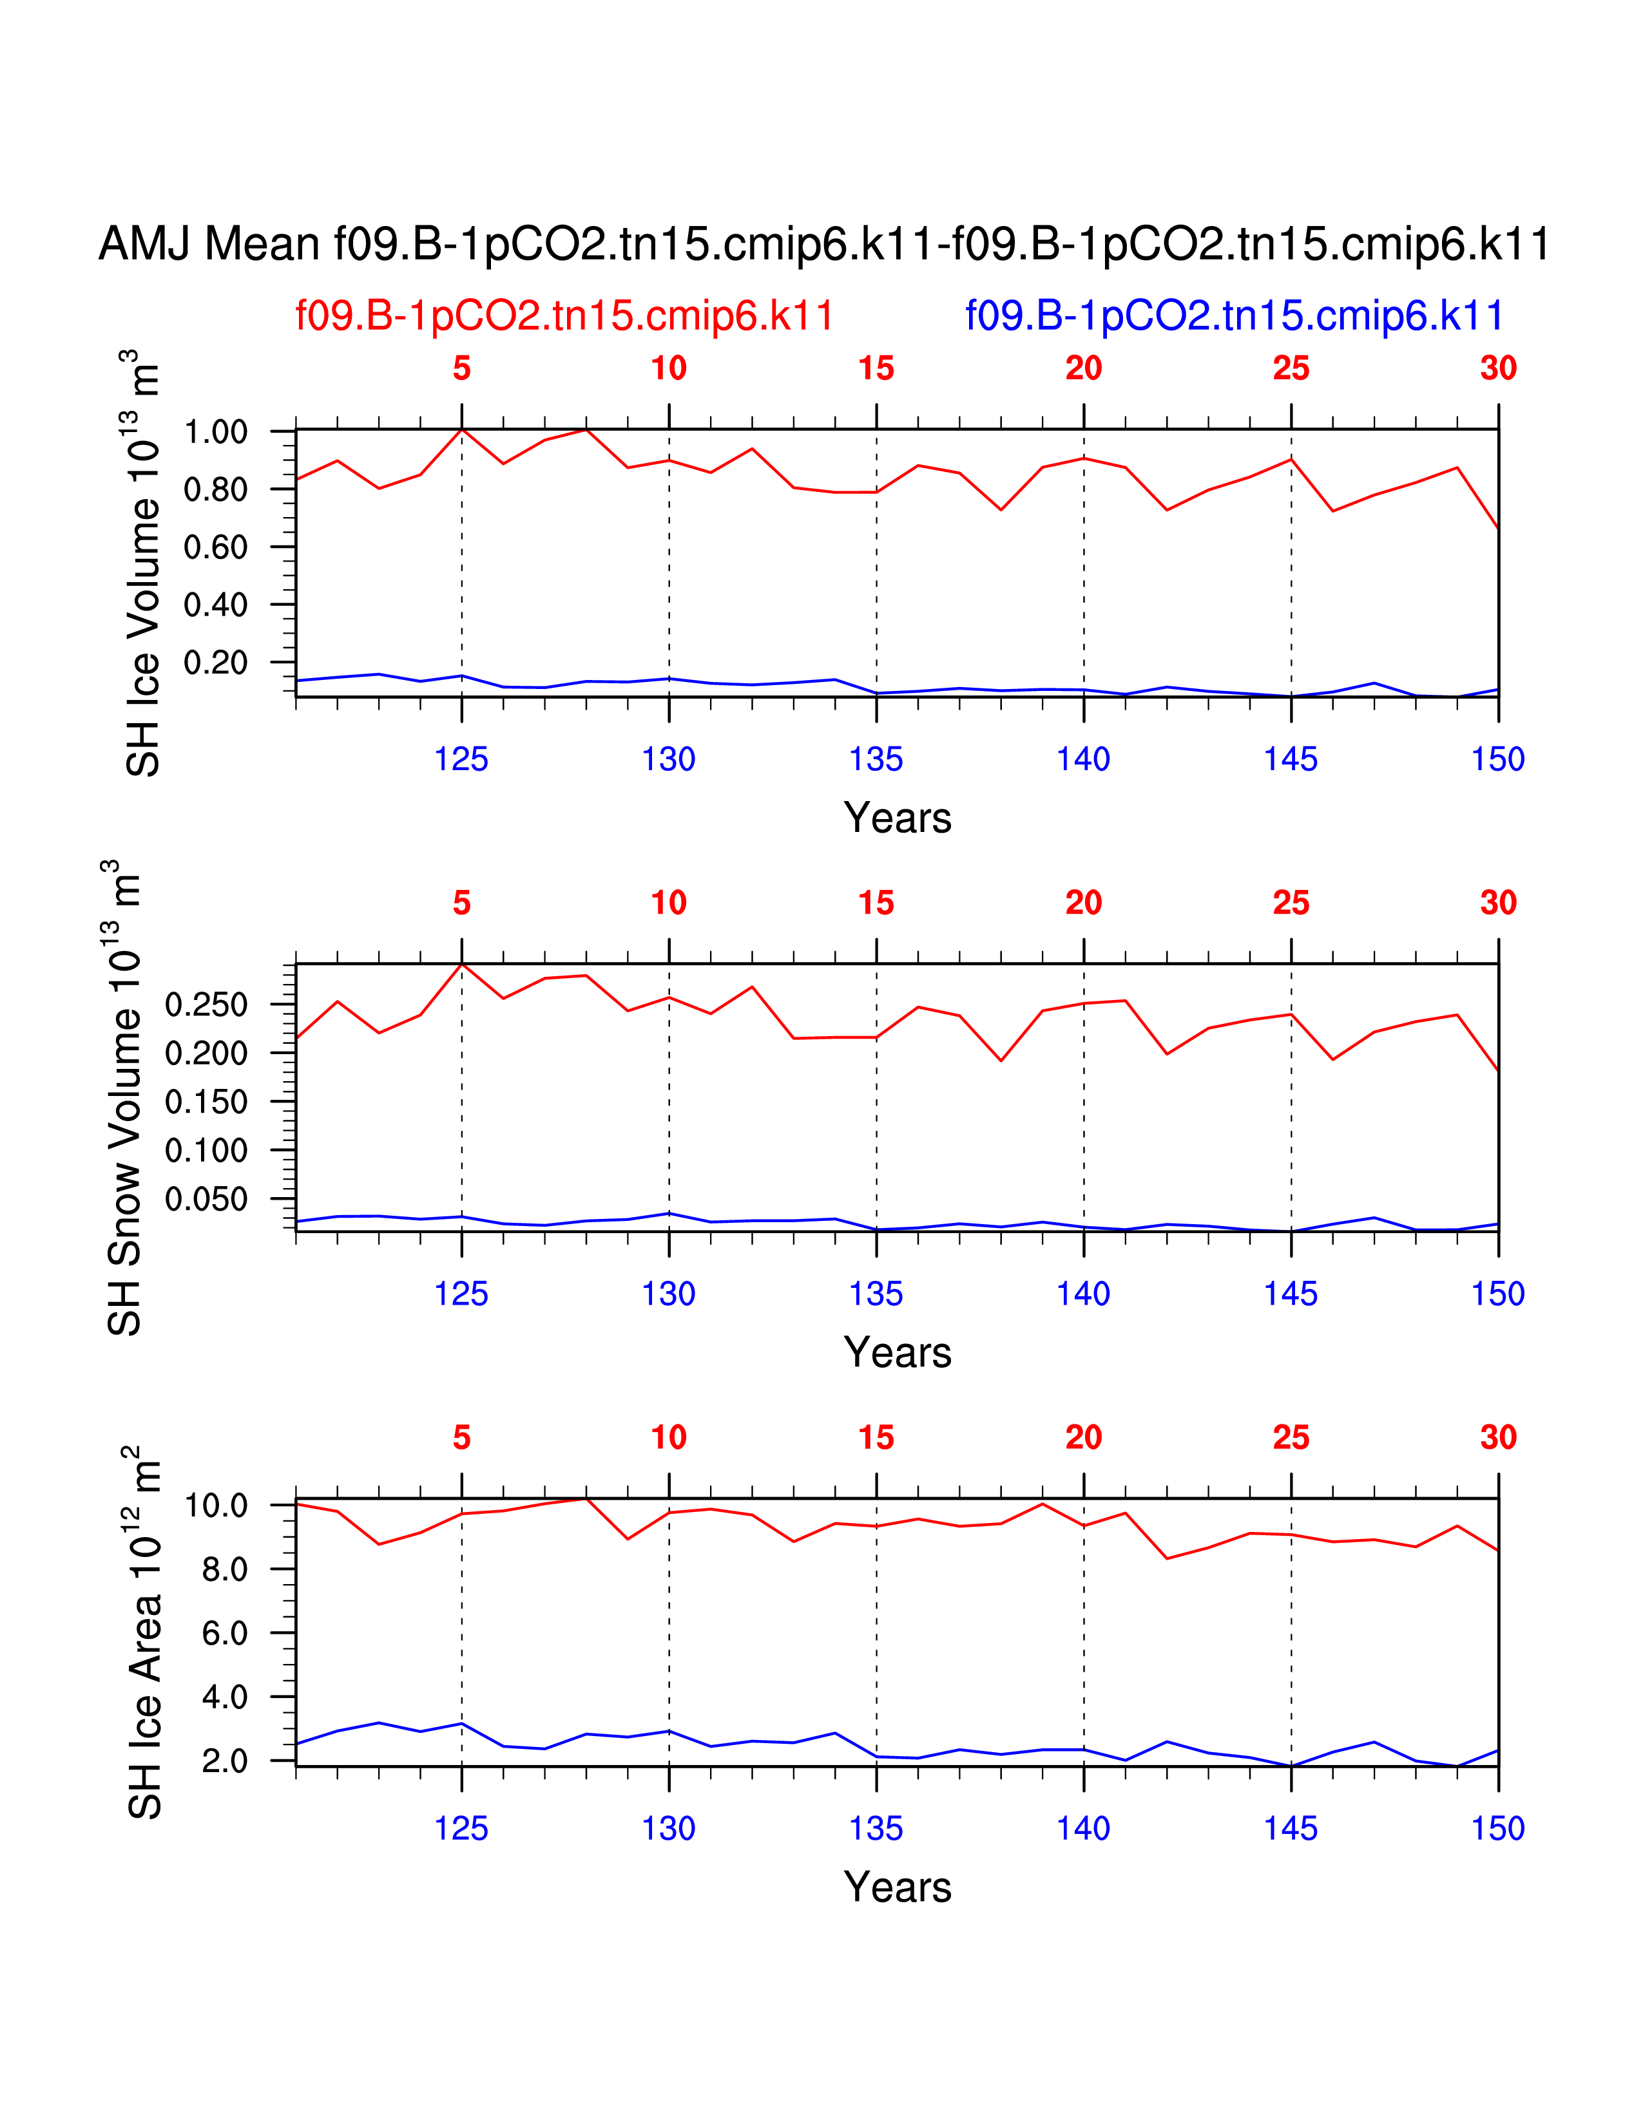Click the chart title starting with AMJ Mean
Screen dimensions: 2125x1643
coord(823,244)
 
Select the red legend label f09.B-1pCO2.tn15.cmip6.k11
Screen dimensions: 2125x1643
coord(564,316)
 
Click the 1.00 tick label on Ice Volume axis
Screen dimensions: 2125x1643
coord(215,432)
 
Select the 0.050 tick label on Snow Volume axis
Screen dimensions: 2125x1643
coord(206,1200)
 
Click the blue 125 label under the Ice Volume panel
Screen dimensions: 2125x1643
coord(461,760)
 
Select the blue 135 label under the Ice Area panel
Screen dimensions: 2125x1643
coord(876,1829)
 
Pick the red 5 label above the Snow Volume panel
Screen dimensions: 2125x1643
coord(461,903)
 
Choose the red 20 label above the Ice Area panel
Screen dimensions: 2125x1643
coord(1083,1437)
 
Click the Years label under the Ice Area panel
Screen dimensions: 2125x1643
coord(898,1887)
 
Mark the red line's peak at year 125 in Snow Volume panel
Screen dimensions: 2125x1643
coord(461,964)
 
